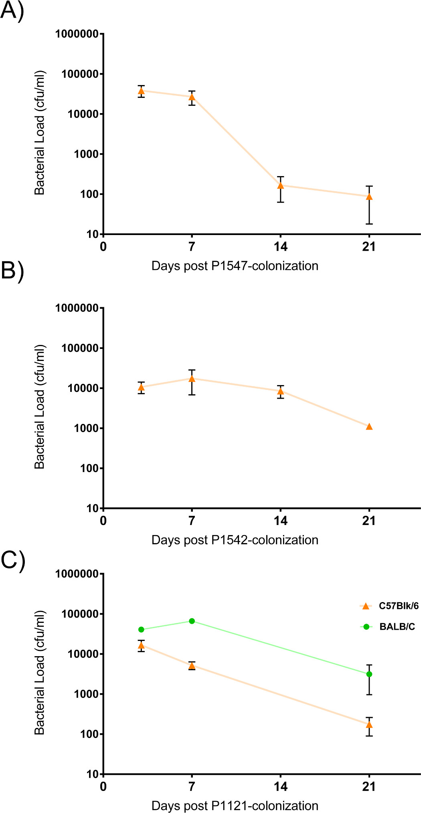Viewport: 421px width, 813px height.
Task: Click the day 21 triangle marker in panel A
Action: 369,197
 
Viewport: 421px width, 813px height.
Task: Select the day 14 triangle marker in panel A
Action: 281,185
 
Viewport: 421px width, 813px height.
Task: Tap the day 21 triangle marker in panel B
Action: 369,426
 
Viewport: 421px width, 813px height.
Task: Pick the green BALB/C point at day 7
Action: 192,621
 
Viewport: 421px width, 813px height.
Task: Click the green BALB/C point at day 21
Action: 369,674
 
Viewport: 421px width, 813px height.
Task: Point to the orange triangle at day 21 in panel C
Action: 369,724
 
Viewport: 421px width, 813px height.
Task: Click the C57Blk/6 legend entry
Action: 389,606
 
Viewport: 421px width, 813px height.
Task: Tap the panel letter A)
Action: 12,10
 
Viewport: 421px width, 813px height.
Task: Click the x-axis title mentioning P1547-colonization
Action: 235,266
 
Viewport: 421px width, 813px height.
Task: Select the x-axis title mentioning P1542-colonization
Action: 235,540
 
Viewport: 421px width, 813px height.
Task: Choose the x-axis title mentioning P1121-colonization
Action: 235,805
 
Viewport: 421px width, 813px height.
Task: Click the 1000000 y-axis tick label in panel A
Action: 77,34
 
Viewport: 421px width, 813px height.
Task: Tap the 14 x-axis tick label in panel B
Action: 281,521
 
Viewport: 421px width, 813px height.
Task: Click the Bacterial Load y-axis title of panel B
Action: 40,407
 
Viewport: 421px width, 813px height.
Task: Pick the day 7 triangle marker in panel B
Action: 192,378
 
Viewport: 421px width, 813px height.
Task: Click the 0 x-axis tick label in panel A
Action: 103,247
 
